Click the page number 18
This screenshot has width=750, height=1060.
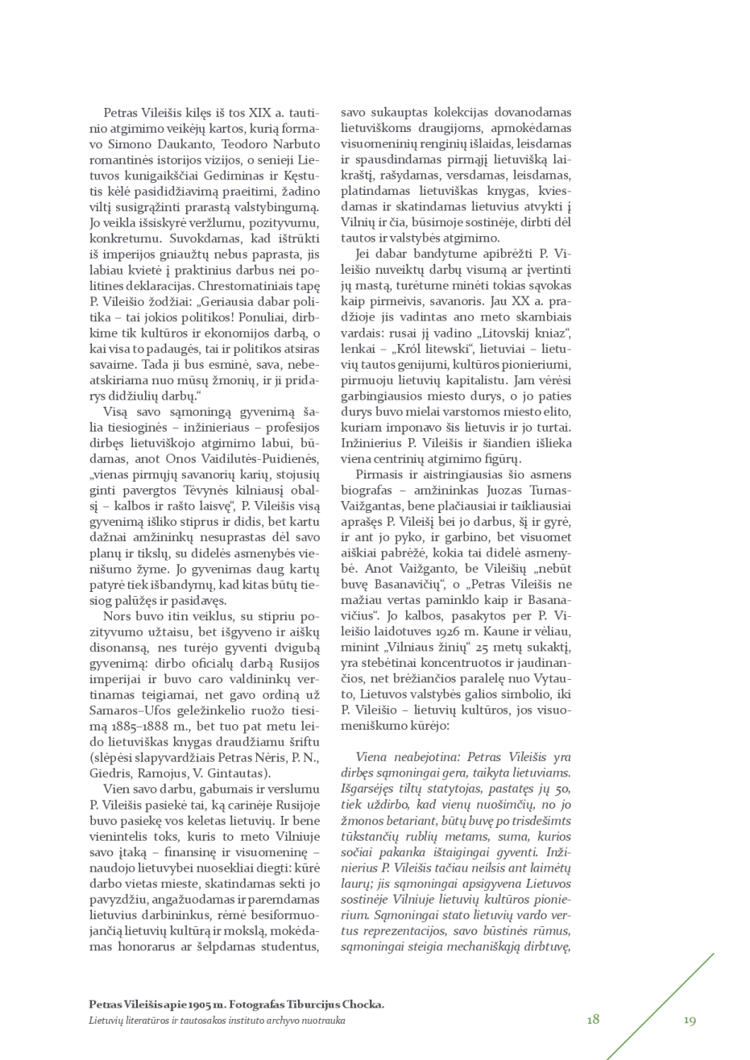click(x=593, y=1019)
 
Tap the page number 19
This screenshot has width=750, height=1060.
click(x=690, y=1020)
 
